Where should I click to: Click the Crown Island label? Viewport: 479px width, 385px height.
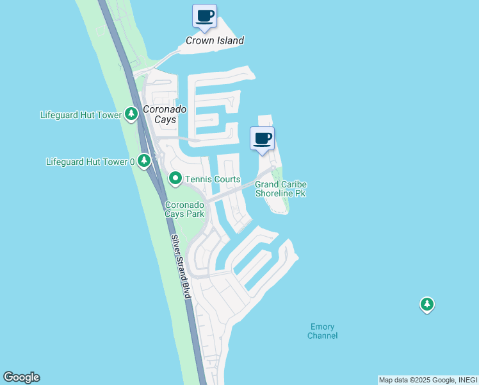pos(215,40)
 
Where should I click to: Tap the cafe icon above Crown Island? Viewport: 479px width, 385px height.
pos(205,16)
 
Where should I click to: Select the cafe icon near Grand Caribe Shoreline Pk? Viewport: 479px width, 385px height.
pos(262,139)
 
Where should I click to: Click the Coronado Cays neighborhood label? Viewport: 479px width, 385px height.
pos(165,114)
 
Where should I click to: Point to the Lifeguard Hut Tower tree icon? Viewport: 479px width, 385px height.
pos(131,114)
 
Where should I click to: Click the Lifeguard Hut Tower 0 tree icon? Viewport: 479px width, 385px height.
pos(145,160)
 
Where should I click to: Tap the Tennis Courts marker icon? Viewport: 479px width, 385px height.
pos(174,178)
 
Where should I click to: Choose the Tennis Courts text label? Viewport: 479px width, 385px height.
pos(213,180)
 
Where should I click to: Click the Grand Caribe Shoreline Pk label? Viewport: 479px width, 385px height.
pos(280,189)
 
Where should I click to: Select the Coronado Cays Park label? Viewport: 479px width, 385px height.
pos(184,210)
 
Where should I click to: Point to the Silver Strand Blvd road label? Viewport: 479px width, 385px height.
pos(181,266)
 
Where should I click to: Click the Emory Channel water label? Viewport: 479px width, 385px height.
pos(322,331)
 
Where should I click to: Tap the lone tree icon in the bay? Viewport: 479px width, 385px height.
pos(427,304)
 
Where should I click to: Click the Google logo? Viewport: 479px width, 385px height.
pos(21,377)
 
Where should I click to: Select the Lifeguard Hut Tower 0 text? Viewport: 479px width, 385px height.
pos(90,162)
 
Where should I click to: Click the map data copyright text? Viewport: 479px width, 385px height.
pos(427,380)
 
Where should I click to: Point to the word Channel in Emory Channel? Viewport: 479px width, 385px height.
pos(322,336)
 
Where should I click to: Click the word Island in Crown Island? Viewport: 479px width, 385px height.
pos(229,40)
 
